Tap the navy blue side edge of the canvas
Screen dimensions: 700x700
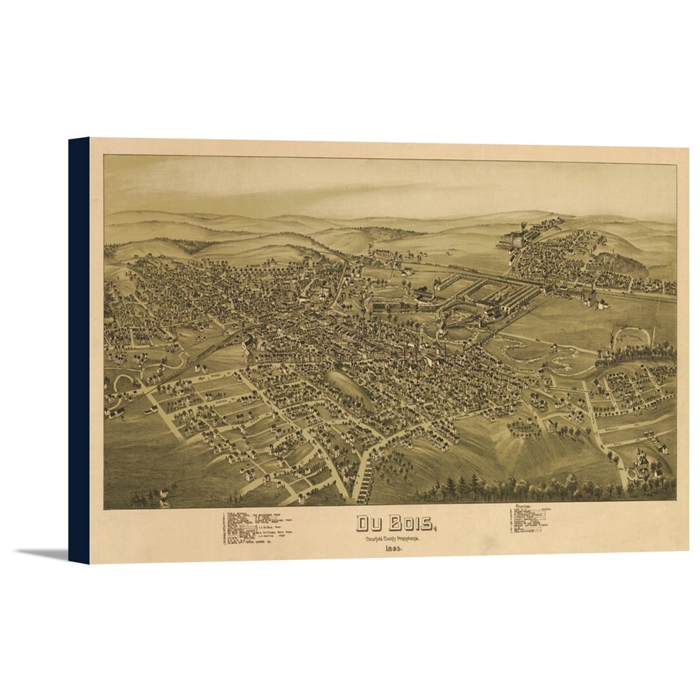click(78, 350)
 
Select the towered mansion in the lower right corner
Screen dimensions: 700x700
click(644, 465)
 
